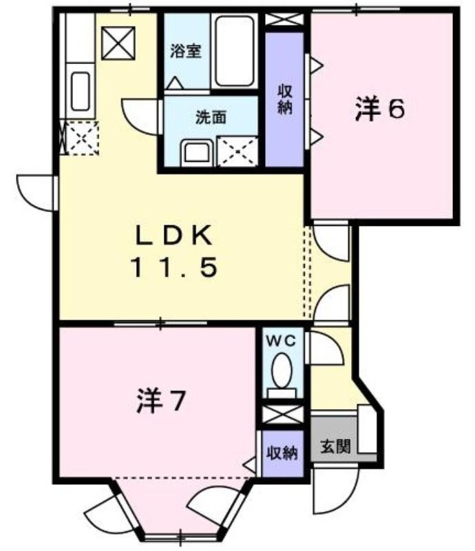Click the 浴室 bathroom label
pos(185,51)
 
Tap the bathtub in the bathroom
pos(235,51)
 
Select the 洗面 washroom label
pos(211,117)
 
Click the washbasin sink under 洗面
pos(197,153)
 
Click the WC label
pos(281,341)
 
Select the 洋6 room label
pos(379,109)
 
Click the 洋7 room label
pos(160,401)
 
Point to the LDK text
pos(174,236)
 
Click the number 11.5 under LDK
pos(174,267)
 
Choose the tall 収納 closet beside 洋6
pos(284,100)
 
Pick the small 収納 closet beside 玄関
pos(283,453)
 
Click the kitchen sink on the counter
pos(81,91)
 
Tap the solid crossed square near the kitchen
pos(118,43)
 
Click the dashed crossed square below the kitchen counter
pos(82,138)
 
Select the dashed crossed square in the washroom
pos(237,152)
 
